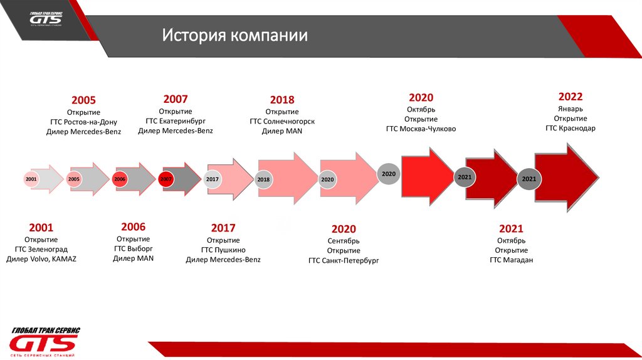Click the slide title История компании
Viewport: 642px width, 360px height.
pyautogui.click(x=235, y=35)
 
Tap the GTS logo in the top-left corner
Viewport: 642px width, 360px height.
pyautogui.click(x=46, y=18)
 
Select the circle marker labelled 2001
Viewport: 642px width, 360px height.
pyautogui.click(x=31, y=179)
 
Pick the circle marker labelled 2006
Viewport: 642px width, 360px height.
pyautogui.click(x=120, y=179)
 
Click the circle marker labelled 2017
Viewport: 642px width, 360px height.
pyautogui.click(x=213, y=179)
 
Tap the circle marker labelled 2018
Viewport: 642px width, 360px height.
pyautogui.click(x=263, y=180)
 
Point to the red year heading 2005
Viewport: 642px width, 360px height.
pyautogui.click(x=83, y=100)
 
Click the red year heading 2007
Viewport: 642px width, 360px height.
pyautogui.click(x=176, y=99)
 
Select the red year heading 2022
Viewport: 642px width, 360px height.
pyautogui.click(x=571, y=97)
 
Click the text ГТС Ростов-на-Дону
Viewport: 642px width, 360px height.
pyautogui.click(x=83, y=122)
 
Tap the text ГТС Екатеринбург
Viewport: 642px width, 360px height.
pyautogui.click(x=176, y=120)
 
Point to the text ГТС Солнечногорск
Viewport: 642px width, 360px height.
pyautogui.click(x=282, y=121)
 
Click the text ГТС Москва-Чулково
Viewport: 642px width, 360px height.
pyautogui.click(x=421, y=129)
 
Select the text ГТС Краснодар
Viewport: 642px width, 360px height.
pyautogui.click(x=571, y=128)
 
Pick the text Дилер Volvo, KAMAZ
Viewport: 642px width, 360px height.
pyautogui.click(x=41, y=258)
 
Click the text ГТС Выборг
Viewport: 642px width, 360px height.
pyautogui.click(x=133, y=248)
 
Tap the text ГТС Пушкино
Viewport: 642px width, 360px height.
pyautogui.click(x=223, y=250)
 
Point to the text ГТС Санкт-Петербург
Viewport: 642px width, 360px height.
pyautogui.click(x=344, y=260)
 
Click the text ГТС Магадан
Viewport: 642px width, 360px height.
pyautogui.click(x=511, y=260)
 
